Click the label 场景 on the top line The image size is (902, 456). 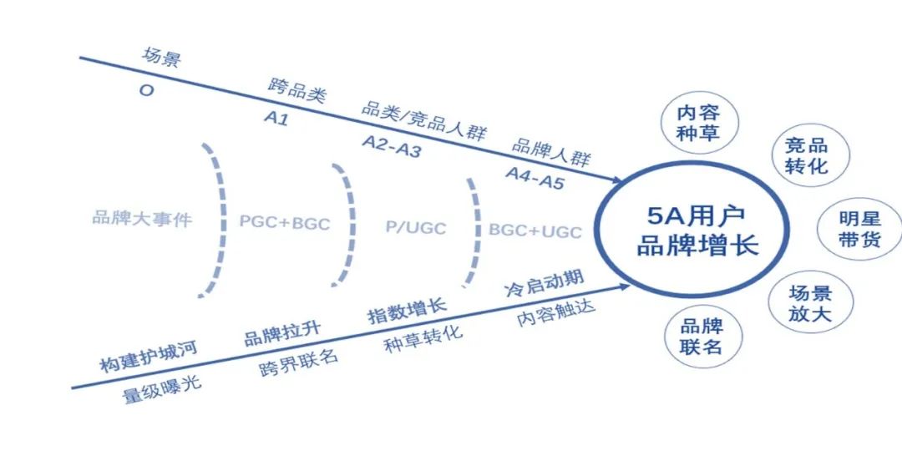(x=162, y=58)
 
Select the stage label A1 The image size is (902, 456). (x=276, y=118)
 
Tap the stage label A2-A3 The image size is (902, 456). (x=392, y=146)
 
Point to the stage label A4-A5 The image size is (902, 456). (x=535, y=178)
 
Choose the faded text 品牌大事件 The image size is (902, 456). (x=142, y=219)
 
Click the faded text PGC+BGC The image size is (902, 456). (x=285, y=222)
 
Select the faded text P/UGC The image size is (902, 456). (x=415, y=228)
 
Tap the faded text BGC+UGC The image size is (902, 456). (x=535, y=231)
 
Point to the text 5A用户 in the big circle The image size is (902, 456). (x=697, y=215)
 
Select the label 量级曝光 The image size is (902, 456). (x=162, y=390)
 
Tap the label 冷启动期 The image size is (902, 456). (x=544, y=282)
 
